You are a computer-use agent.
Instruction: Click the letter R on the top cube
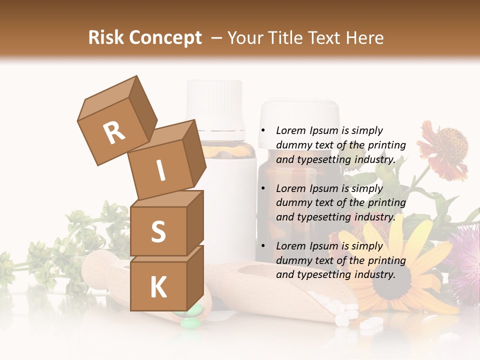(x=114, y=133)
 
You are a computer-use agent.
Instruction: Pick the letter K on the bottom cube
(x=158, y=287)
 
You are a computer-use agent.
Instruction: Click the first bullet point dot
(x=262, y=130)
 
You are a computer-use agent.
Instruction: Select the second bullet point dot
(x=262, y=188)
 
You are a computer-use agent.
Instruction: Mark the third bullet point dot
(x=262, y=246)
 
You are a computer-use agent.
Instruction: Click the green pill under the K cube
(x=190, y=323)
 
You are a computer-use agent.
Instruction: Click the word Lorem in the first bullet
(x=289, y=130)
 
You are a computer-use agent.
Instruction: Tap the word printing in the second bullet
(x=386, y=202)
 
